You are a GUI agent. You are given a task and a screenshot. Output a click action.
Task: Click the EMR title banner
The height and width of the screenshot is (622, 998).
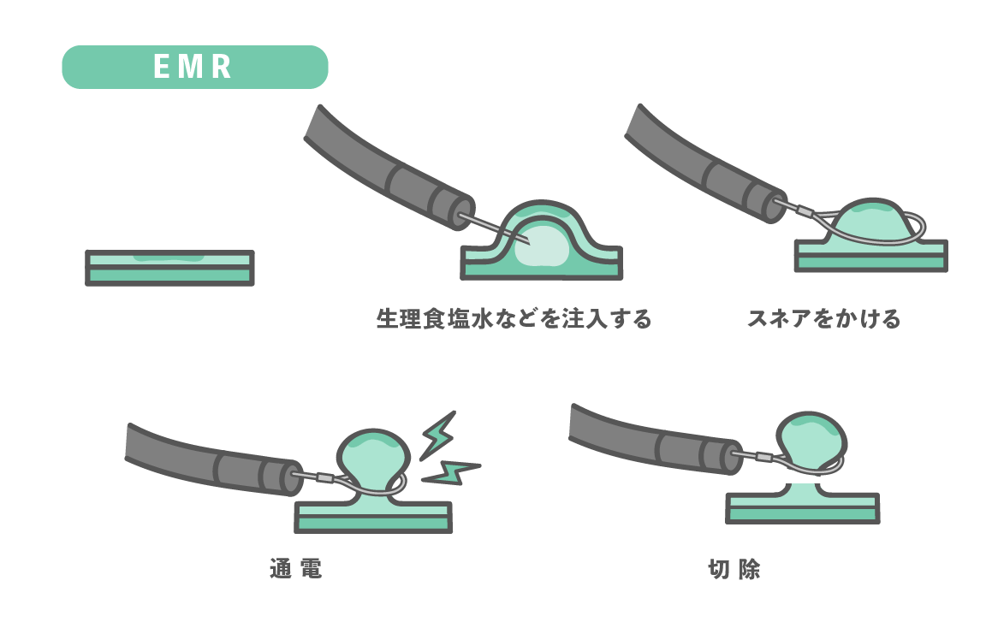pyautogui.click(x=195, y=67)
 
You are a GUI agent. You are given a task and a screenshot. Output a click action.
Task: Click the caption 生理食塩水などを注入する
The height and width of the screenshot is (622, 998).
pyautogui.click(x=514, y=319)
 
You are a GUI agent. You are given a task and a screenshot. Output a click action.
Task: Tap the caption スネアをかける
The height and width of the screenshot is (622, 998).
pyautogui.click(x=823, y=319)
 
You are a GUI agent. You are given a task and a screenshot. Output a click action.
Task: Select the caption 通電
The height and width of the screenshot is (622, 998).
pyautogui.click(x=295, y=569)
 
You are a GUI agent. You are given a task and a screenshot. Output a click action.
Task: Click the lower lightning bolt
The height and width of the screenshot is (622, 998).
pyautogui.click(x=451, y=471)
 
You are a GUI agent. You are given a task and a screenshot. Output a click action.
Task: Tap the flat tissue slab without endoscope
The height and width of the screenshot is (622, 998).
pyautogui.click(x=169, y=268)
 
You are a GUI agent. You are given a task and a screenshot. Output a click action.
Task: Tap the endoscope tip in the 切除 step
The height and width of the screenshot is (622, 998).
pyautogui.click(x=728, y=456)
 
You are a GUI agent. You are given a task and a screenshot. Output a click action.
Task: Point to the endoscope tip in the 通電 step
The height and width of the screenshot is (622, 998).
pyautogui.click(x=285, y=478)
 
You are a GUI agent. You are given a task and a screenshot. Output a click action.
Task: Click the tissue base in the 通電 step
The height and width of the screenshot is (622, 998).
pyautogui.click(x=373, y=516)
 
